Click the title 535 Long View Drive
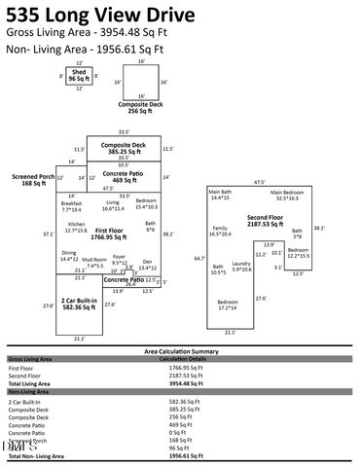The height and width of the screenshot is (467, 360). tap(93, 14)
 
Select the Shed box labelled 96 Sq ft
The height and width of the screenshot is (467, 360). tap(80, 78)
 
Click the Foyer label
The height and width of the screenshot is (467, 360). tap(119, 258)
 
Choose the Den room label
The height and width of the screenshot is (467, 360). tap(147, 261)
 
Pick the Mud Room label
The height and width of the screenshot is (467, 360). tap(94, 261)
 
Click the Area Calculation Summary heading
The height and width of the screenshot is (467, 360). tap(180, 350)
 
